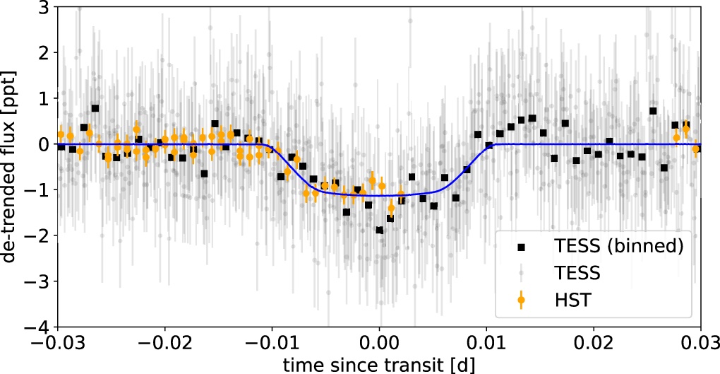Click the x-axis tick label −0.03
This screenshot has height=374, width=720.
[56, 346]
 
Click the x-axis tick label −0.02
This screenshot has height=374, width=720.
[164, 346]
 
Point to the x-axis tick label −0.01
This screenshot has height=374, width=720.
[271, 346]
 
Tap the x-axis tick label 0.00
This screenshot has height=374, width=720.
[380, 346]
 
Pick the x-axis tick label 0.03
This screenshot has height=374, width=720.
[699, 346]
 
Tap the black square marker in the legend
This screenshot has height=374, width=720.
[522, 247]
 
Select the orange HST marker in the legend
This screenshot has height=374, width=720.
[522, 300]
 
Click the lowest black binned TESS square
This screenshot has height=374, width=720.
[380, 230]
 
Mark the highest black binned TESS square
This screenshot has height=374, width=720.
[95, 108]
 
